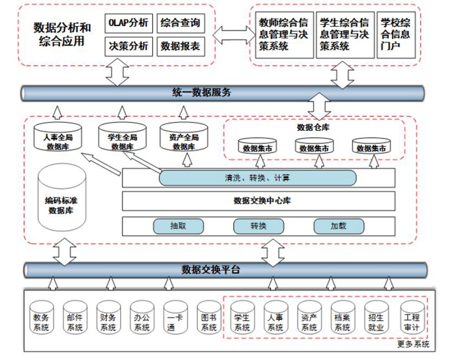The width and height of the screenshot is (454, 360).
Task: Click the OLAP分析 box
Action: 127,23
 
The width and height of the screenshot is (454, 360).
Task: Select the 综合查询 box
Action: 179,23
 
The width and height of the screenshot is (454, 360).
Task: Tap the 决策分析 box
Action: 127,47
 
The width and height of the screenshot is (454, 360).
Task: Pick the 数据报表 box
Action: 179,47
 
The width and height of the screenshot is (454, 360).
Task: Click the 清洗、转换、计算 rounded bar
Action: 257,178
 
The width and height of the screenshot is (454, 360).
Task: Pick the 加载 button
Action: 338,226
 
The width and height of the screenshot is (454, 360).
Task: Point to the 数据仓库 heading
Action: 313,127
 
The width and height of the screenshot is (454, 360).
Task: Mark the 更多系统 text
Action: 414,345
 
